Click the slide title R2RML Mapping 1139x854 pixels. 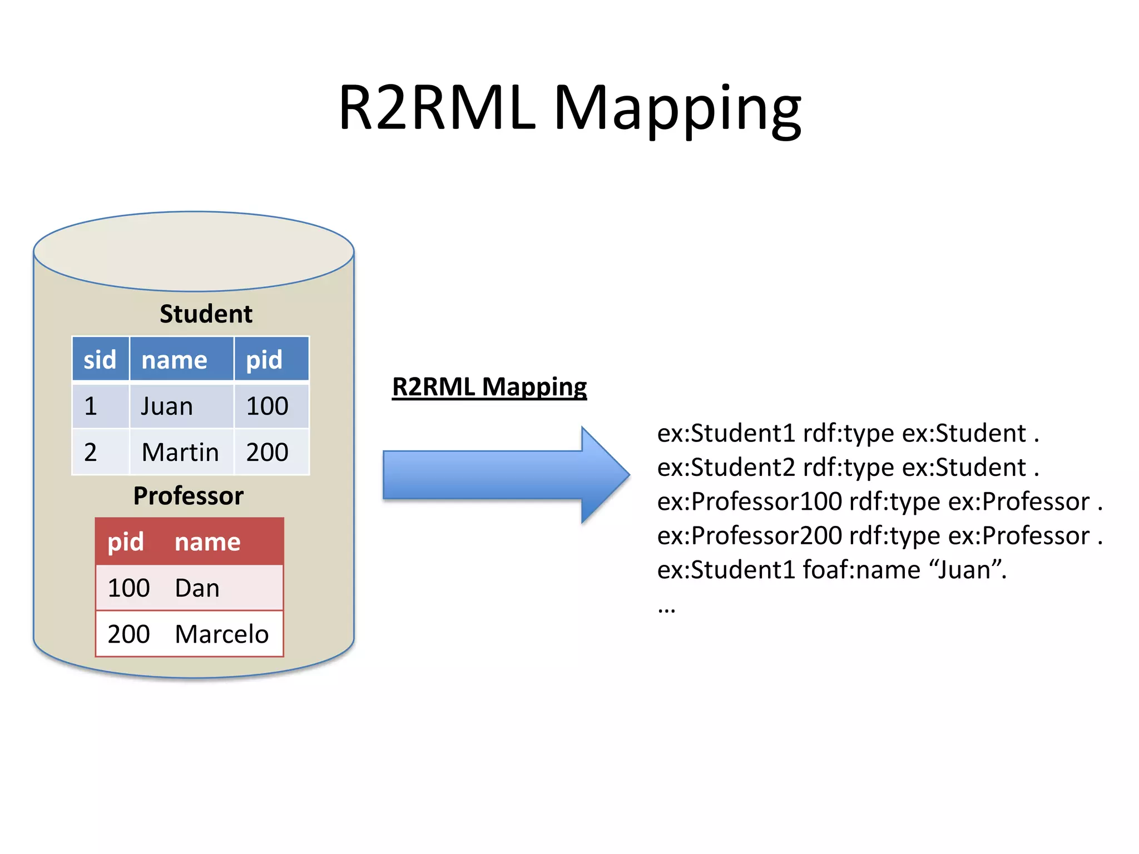click(569, 108)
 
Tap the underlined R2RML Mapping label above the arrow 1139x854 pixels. click(489, 387)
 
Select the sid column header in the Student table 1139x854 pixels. click(100, 360)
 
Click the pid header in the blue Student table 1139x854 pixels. click(265, 360)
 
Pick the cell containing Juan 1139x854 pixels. click(167, 406)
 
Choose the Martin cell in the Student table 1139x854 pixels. click(180, 452)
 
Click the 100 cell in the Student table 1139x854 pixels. click(268, 406)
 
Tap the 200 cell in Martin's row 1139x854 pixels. click(268, 452)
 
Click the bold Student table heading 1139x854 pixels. click(206, 314)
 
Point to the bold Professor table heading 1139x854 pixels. click(189, 496)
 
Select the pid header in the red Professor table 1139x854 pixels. click(126, 542)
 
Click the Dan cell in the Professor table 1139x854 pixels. click(197, 588)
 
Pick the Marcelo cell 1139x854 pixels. click(221, 634)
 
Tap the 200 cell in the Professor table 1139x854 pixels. click(129, 634)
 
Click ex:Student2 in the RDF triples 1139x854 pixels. click(726, 468)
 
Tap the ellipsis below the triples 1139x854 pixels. click(666, 609)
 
